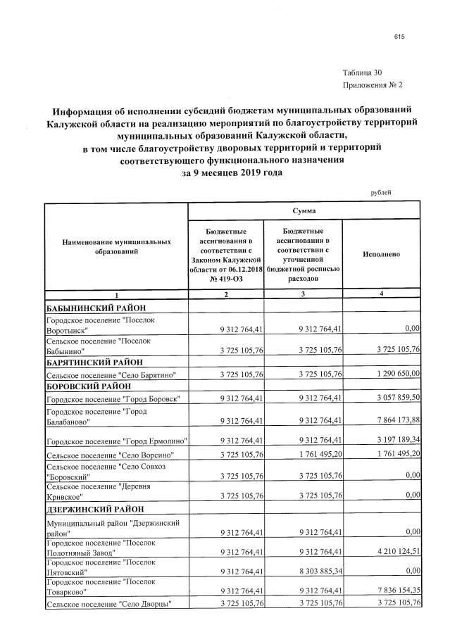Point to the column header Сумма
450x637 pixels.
pyautogui.click(x=304, y=210)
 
